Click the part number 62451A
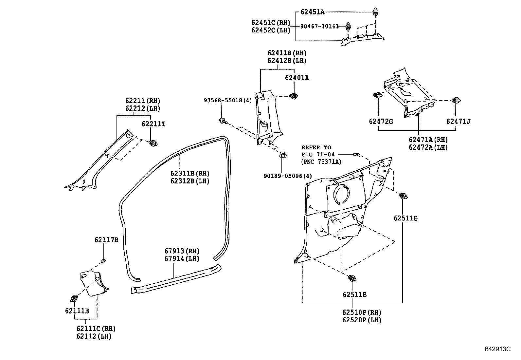pyautogui.click(x=313, y=12)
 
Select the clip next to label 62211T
pyautogui.click(x=153, y=143)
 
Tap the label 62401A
pyautogui.click(x=297, y=78)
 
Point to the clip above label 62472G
pyautogui.click(x=377, y=95)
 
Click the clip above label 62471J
pyautogui.click(x=455, y=100)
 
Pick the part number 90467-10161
pyautogui.click(x=320, y=26)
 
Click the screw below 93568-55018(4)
pyautogui.click(x=223, y=121)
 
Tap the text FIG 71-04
pyautogui.click(x=316, y=154)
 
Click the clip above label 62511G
pyautogui.click(x=404, y=196)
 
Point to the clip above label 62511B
pyautogui.click(x=352, y=279)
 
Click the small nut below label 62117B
pyautogui.click(x=103, y=261)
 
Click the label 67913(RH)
pyautogui.click(x=182, y=251)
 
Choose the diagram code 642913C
pyautogui.click(x=497, y=349)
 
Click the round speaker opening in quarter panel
pyautogui.click(x=341, y=194)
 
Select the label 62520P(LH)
pyautogui.click(x=362, y=320)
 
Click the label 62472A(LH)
pyautogui.click(x=428, y=147)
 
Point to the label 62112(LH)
pyautogui.click(x=94, y=336)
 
